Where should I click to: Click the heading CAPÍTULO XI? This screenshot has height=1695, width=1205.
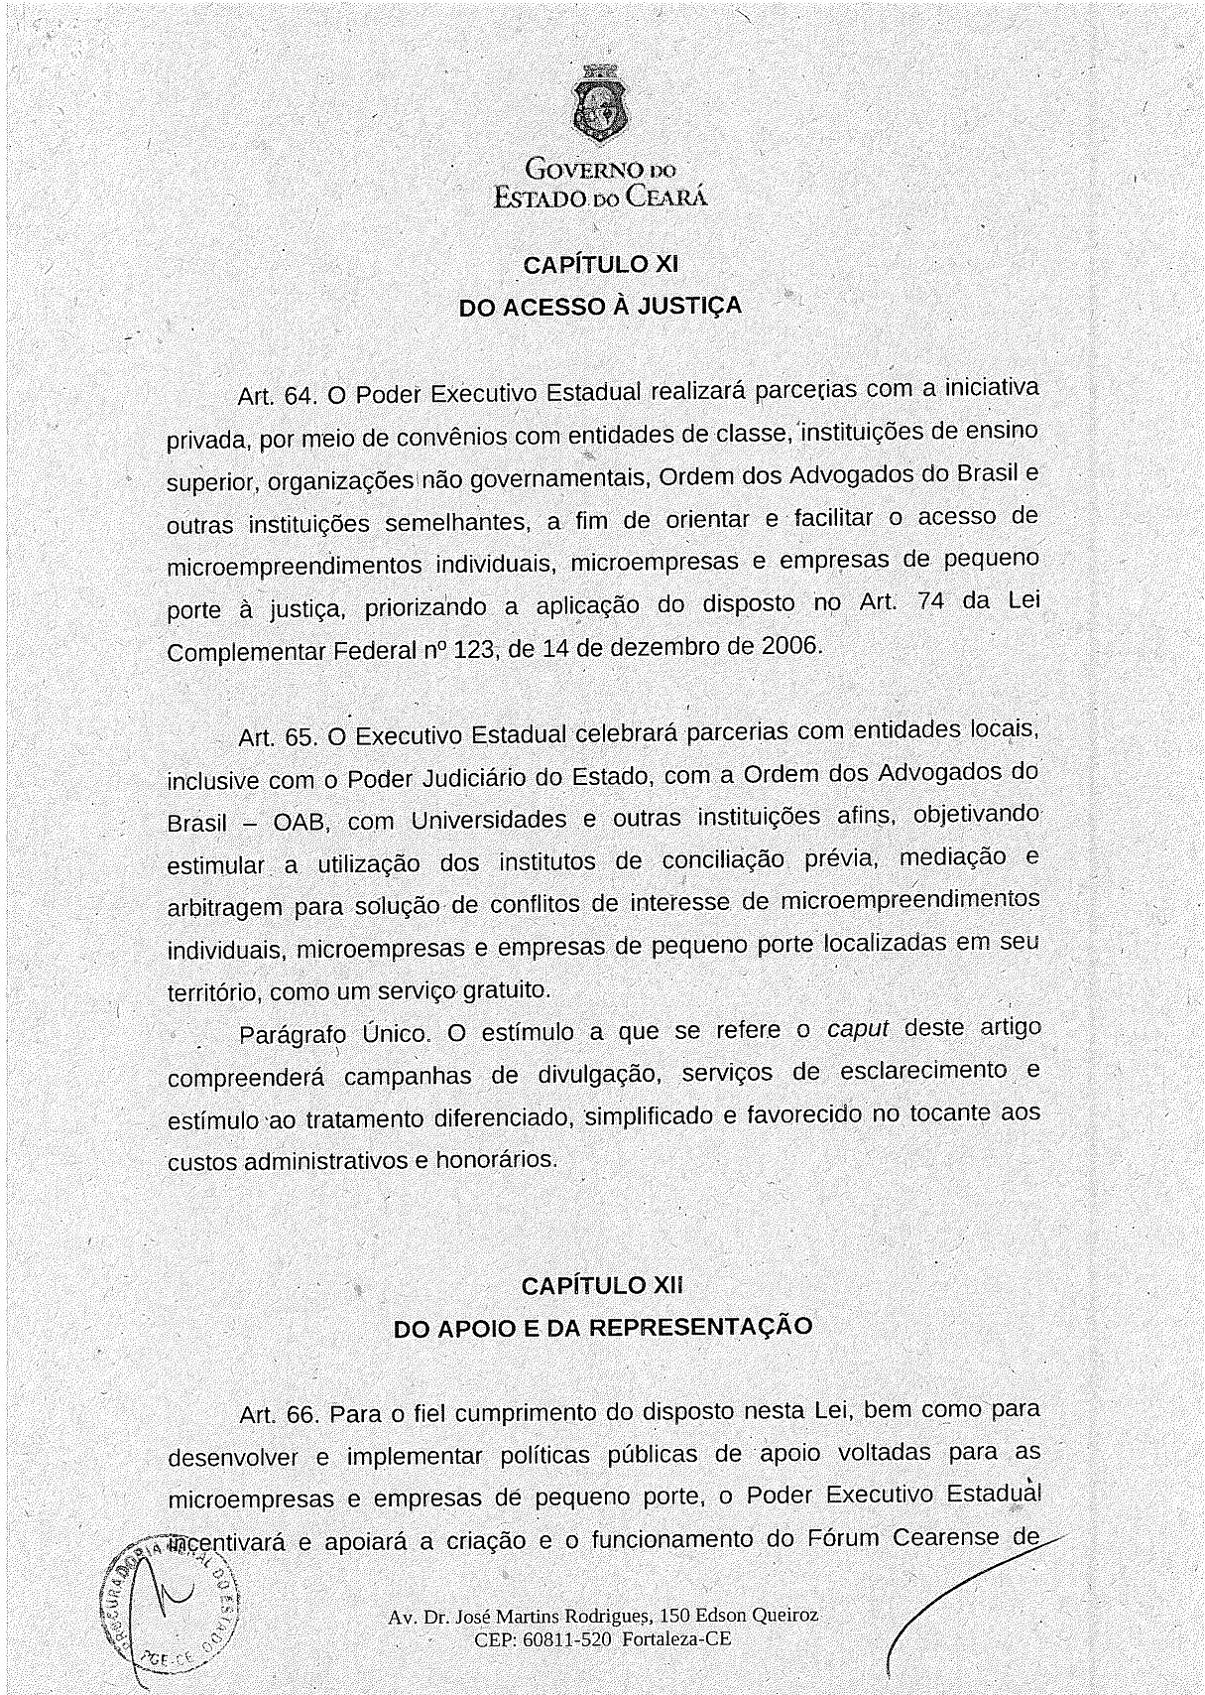tap(600, 265)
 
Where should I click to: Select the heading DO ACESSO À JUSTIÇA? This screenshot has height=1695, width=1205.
tap(600, 307)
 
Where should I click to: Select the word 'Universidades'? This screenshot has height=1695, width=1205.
tap(489, 821)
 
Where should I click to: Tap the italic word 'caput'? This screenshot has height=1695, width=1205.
tap(858, 1029)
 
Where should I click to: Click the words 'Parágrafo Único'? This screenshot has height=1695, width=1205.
tap(334, 1034)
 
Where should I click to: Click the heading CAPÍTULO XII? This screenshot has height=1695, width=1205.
tap(602, 1286)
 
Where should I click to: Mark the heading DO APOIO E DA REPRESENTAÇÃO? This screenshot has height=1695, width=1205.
tap(603, 1328)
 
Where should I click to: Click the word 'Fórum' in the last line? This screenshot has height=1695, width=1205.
tap(843, 1538)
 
